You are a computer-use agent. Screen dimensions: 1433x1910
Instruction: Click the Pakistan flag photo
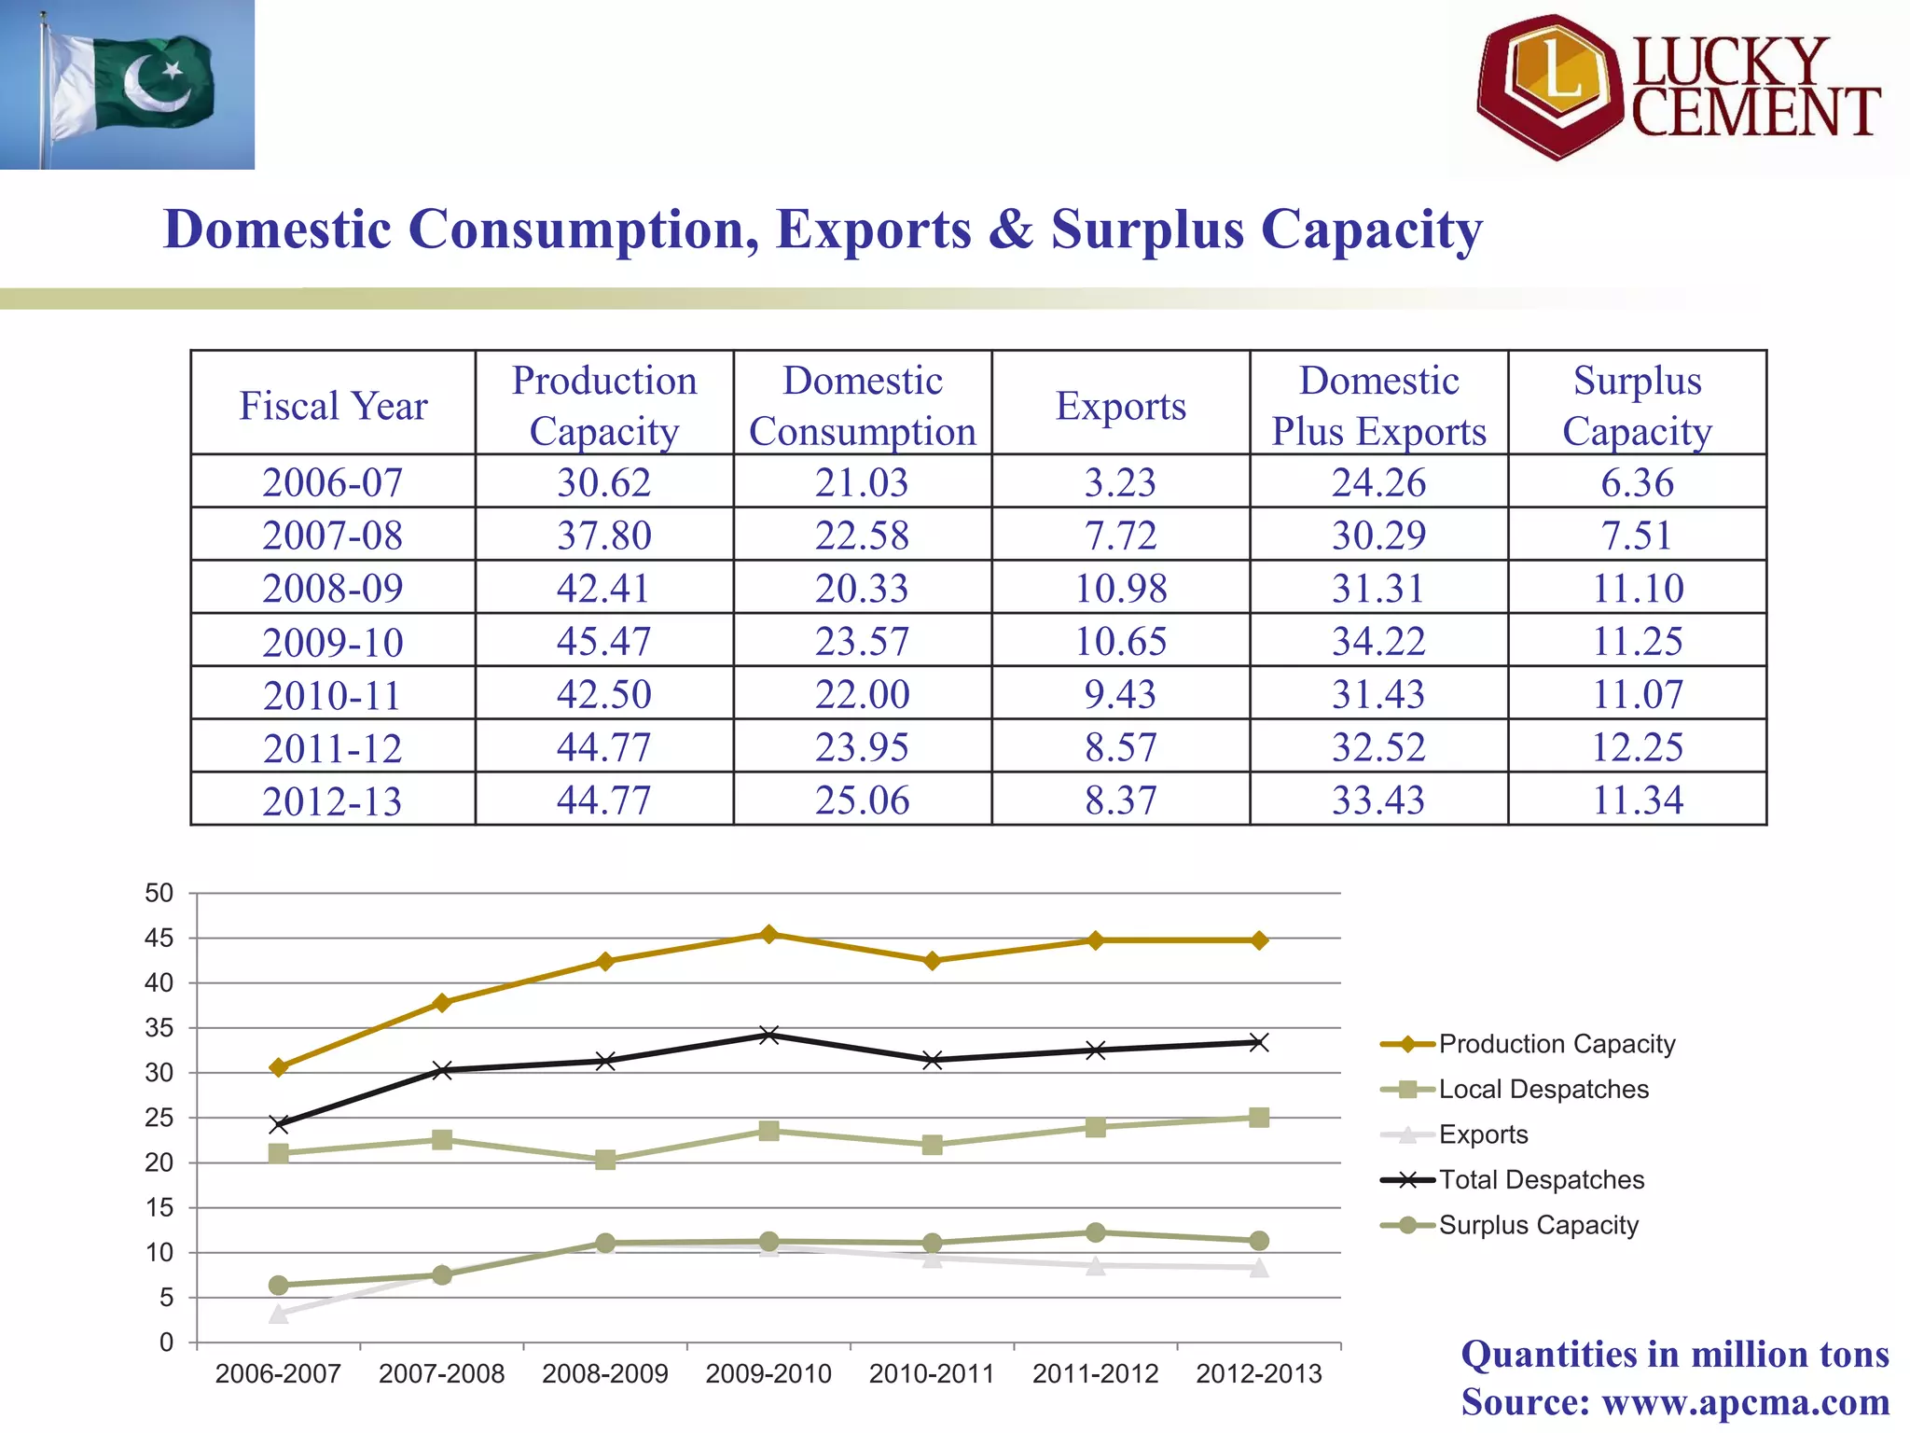127,84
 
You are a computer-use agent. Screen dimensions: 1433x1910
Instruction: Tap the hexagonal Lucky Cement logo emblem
1550,86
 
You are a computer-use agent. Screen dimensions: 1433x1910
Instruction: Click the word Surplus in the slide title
1147,230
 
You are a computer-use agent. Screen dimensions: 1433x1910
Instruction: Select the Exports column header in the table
1120,406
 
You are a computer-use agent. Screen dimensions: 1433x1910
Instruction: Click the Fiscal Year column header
333,406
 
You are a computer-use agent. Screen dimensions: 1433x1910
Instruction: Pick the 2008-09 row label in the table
333,588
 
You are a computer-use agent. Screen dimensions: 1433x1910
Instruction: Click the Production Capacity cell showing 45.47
603,641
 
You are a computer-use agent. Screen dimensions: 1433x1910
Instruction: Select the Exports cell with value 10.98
1120,588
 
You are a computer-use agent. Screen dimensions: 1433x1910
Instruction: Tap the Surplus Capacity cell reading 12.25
1637,746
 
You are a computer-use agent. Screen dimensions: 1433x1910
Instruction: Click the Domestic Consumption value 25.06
862,800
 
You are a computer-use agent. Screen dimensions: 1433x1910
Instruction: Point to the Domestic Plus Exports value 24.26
1378,482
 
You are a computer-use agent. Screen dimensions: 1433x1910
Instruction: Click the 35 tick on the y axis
159,1028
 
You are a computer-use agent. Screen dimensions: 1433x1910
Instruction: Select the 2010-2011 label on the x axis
932,1373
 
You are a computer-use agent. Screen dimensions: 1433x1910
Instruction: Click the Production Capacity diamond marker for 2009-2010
768,934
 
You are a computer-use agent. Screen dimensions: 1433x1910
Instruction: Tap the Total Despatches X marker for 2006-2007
278,1124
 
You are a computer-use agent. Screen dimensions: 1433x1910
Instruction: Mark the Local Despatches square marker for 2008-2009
604,1160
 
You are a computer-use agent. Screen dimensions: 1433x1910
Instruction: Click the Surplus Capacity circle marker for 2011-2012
1096,1232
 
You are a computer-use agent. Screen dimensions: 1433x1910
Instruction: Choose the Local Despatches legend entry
1543,1089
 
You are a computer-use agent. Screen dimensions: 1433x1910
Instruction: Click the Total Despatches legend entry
1541,1179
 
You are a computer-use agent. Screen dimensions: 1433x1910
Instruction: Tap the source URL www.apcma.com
1745,1401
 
